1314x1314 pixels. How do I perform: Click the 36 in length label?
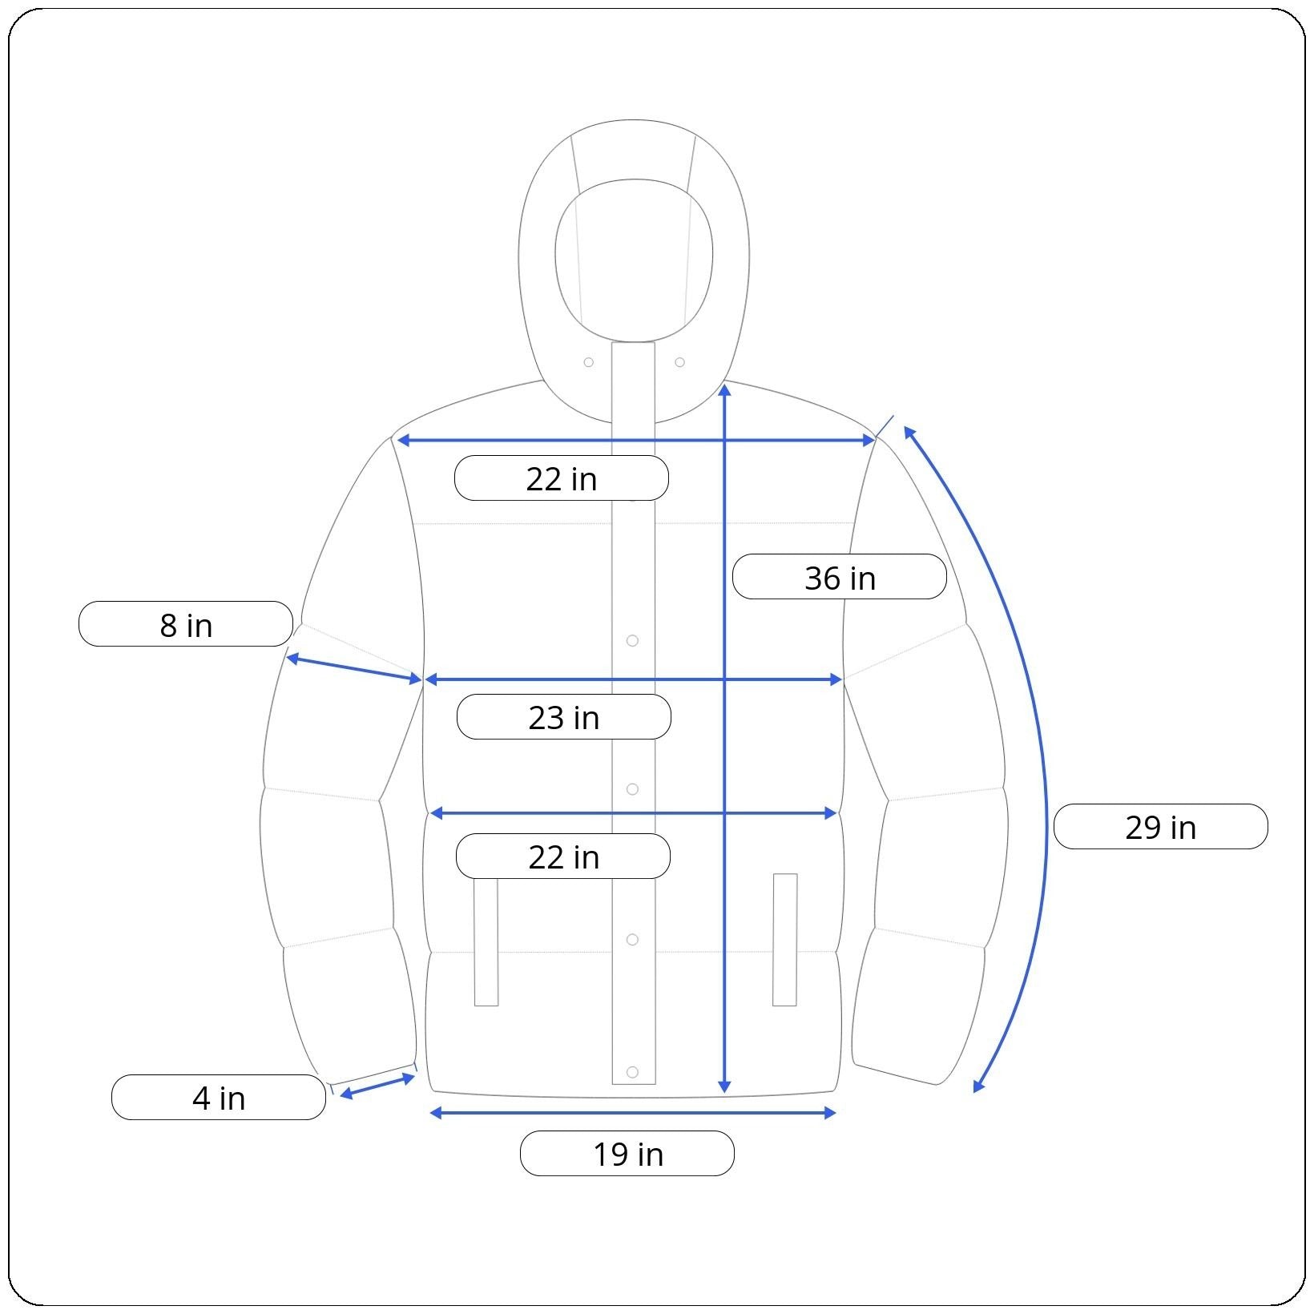pyautogui.click(x=840, y=577)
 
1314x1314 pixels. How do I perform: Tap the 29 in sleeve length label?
pyautogui.click(x=1160, y=827)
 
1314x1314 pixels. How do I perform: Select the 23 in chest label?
pyautogui.click(x=563, y=717)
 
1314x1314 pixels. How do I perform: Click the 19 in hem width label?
pyautogui.click(x=627, y=1154)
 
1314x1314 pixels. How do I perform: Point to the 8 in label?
pyautogui.click(x=186, y=624)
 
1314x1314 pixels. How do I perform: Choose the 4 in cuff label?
pyautogui.click(x=219, y=1098)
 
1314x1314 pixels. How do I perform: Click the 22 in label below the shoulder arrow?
pyautogui.click(x=562, y=478)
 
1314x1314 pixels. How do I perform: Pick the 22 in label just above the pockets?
pyautogui.click(x=563, y=857)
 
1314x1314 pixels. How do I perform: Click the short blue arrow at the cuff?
pyautogui.click(x=377, y=1086)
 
